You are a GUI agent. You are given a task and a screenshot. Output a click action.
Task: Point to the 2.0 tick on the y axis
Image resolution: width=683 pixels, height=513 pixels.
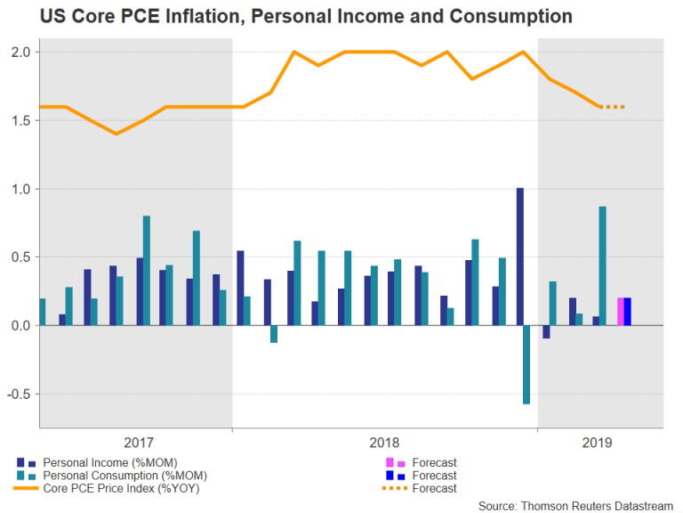[20, 53]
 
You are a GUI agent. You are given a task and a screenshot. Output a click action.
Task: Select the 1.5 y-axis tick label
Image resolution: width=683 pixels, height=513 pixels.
[20, 121]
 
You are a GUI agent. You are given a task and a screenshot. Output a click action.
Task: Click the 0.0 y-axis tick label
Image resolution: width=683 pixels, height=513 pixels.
[20, 326]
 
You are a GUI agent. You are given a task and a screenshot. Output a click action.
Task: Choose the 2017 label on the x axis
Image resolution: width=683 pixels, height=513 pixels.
[139, 442]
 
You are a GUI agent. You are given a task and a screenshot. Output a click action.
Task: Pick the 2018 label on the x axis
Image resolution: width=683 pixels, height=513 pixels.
[384, 442]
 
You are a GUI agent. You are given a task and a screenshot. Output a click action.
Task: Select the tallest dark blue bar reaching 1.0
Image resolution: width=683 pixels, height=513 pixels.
[519, 256]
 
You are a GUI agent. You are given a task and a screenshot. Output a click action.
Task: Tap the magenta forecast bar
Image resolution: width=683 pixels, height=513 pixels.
[621, 312]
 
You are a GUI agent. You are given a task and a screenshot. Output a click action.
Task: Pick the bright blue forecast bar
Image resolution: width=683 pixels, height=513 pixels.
[628, 312]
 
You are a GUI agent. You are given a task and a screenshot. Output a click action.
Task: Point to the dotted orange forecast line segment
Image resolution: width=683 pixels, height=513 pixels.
[613, 107]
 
